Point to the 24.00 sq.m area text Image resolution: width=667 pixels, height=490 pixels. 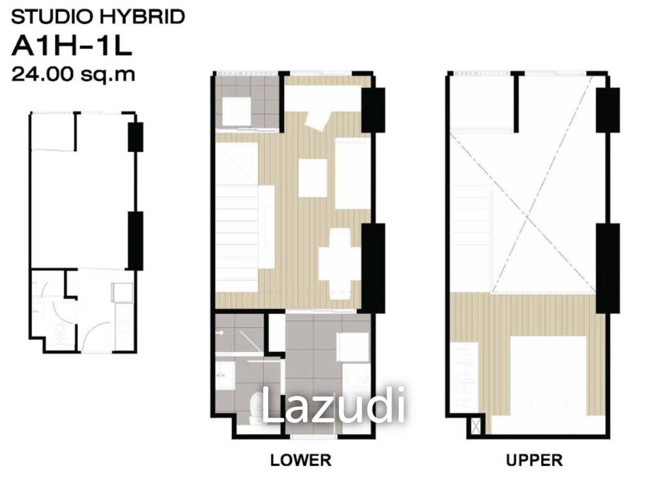(74, 74)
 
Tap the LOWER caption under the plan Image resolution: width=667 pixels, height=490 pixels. (300, 461)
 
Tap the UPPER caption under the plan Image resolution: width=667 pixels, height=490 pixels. (534, 461)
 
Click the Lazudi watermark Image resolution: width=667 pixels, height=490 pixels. (333, 405)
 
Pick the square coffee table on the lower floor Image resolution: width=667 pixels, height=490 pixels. (313, 178)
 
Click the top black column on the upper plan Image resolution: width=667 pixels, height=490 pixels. (607, 109)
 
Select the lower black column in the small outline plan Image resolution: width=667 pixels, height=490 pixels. (135, 240)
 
